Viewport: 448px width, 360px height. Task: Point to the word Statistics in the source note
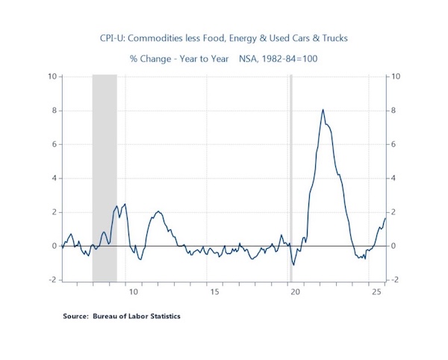(164, 316)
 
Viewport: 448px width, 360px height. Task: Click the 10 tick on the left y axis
(52, 76)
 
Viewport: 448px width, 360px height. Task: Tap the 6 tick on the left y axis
(55, 144)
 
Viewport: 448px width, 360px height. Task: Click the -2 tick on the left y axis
(52, 279)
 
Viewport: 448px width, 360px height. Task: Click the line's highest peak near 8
(323, 110)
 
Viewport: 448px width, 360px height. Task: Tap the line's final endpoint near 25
(385, 218)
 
